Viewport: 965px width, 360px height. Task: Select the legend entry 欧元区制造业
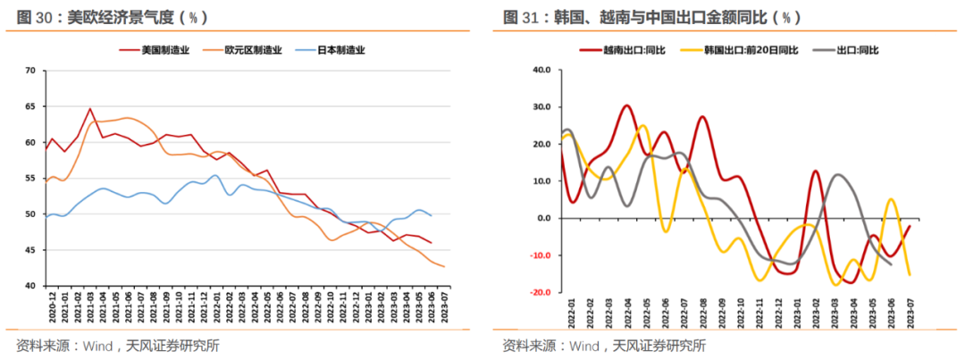tap(250, 51)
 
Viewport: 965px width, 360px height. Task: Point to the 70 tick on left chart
tap(30, 71)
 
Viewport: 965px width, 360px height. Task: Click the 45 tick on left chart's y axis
tap(30, 250)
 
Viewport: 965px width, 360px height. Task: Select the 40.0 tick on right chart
tap(540, 70)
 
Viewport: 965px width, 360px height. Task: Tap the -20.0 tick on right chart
tap(538, 293)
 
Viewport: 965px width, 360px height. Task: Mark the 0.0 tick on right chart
tap(543, 219)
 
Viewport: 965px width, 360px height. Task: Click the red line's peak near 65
tap(90, 109)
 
